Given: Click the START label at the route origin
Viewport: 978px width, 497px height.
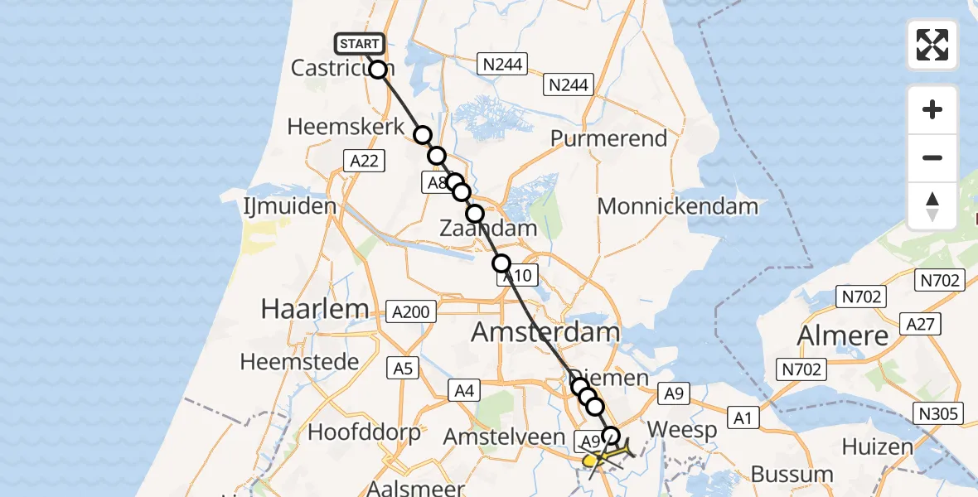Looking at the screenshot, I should [x=359, y=44].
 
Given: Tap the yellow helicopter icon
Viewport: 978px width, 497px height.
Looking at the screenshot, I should [x=593, y=459].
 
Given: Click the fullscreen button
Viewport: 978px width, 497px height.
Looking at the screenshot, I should [x=932, y=45].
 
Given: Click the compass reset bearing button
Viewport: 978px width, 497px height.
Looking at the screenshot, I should [x=932, y=205].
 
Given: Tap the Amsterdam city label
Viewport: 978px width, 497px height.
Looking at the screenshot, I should [x=545, y=333].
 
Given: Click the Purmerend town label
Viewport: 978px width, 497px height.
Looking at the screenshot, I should [x=609, y=138].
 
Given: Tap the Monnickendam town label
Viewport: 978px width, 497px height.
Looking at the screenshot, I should [x=678, y=206].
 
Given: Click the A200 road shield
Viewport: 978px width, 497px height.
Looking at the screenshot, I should [x=411, y=311].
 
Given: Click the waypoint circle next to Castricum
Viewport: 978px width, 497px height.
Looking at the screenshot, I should [x=378, y=70].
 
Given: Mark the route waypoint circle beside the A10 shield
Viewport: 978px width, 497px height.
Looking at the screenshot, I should [x=501, y=264].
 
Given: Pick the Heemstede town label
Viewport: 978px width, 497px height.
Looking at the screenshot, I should [x=299, y=362].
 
